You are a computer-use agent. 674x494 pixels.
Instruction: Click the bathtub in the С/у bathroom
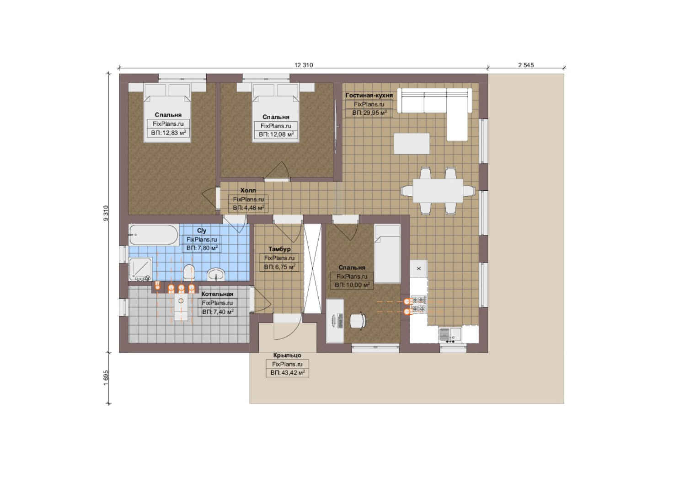154,235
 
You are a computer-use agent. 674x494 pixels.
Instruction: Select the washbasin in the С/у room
216,274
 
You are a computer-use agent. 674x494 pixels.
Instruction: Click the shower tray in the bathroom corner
140,269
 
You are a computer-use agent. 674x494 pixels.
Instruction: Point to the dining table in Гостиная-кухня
438,191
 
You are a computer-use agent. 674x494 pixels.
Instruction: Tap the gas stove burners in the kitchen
419,305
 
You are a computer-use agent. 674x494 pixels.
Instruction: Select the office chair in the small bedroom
358,321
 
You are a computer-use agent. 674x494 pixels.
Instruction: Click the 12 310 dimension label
304,65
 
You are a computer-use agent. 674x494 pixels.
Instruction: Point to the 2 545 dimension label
526,65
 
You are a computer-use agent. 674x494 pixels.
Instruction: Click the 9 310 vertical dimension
106,213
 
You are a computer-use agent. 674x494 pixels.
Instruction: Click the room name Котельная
217,294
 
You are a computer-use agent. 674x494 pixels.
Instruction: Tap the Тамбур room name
279,249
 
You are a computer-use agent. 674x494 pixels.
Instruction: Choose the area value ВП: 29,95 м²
369,113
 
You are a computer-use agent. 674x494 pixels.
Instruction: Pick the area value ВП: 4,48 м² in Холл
249,208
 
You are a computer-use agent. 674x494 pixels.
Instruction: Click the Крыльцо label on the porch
287,355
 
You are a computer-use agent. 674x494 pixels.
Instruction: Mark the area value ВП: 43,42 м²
287,373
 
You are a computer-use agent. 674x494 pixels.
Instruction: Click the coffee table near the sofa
412,144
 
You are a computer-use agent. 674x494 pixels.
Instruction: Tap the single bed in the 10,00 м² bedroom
387,254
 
